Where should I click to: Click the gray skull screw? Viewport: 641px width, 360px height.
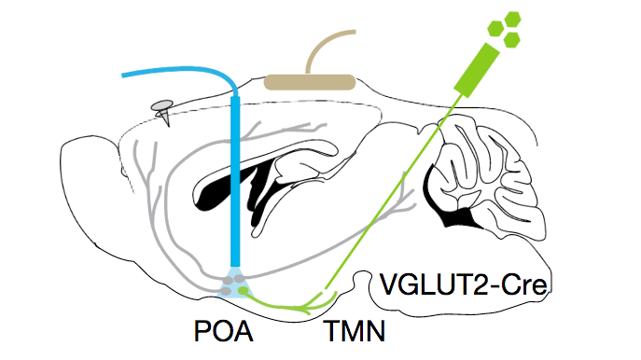[x=165, y=112]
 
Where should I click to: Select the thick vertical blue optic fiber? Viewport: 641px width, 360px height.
[x=234, y=187]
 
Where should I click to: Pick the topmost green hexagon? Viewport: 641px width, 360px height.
[x=511, y=20]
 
